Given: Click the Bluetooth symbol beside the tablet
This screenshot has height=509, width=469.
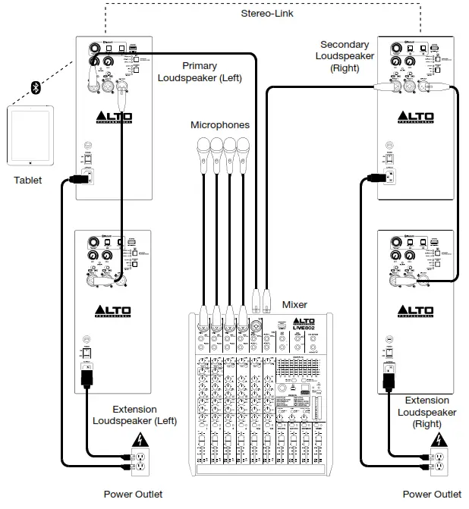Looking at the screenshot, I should [36, 89].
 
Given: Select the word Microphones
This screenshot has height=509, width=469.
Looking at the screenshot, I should [220, 124].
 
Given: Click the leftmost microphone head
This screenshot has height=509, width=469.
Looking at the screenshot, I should [203, 145].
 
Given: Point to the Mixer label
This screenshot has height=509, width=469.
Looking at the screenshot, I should [294, 304].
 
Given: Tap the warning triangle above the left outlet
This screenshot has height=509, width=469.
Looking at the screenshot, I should [140, 438].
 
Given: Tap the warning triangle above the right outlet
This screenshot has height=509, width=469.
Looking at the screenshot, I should [438, 439].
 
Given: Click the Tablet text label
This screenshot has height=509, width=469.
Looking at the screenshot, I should [28, 181].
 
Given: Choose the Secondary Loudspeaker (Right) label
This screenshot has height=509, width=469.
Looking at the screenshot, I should [345, 56].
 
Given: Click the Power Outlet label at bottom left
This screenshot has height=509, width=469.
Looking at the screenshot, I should [133, 494].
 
